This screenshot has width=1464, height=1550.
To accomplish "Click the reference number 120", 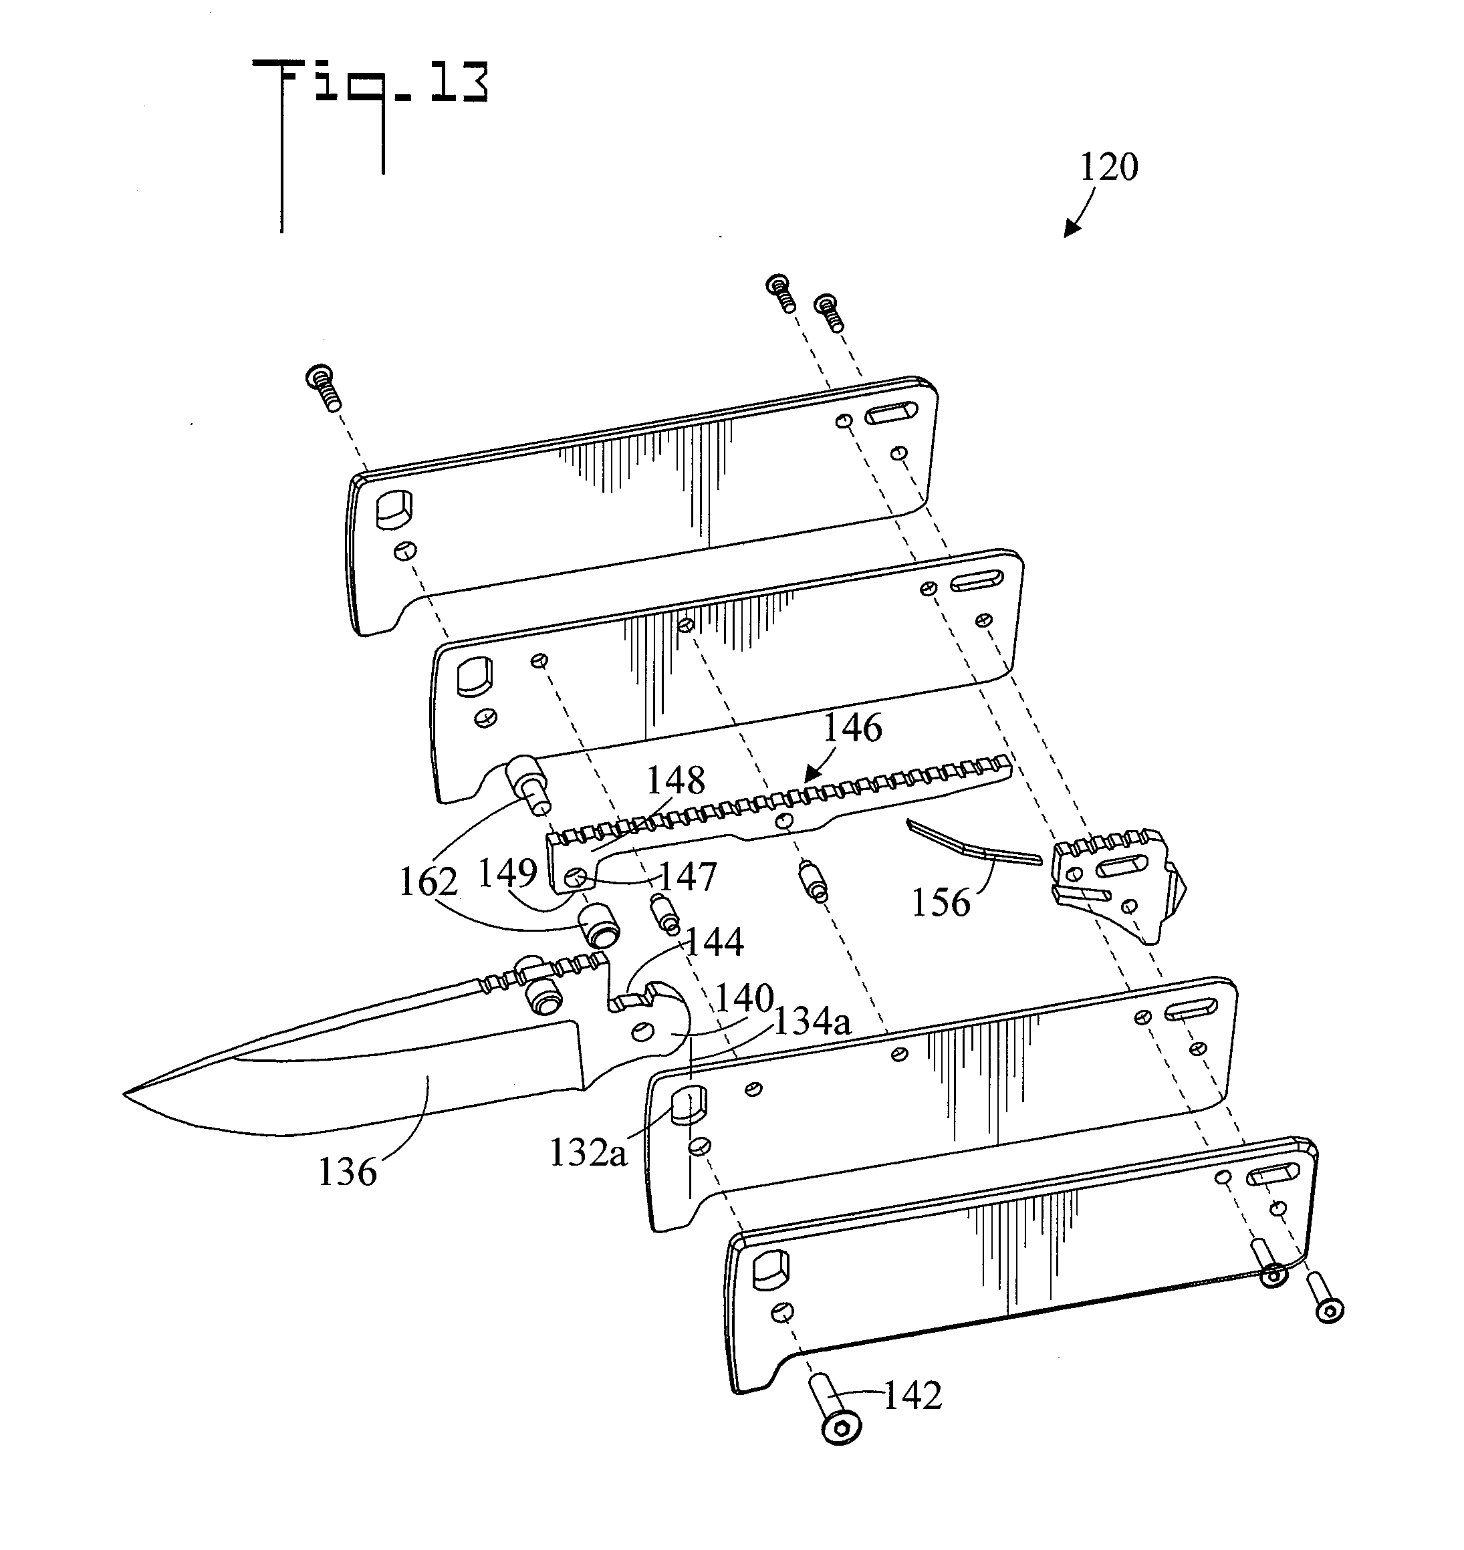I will tap(1108, 167).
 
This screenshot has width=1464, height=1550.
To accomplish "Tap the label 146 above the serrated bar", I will tap(852, 728).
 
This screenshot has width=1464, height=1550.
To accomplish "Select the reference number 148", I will tap(676, 779).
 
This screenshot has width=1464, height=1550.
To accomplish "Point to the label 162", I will tap(428, 882).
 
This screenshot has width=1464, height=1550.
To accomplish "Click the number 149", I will tap(507, 872).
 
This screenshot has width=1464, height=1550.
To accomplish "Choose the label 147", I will tap(687, 877).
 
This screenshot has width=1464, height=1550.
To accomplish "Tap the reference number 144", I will tap(714, 942).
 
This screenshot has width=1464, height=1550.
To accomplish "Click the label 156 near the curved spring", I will tap(941, 902).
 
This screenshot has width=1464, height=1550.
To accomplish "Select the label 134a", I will tap(812, 1021).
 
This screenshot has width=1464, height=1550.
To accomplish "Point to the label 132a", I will tap(588, 1153).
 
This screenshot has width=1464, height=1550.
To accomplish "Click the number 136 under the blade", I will tap(347, 1172).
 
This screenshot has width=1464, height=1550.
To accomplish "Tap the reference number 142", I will tap(912, 1396).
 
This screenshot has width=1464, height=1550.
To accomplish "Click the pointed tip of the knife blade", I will tap(127, 1094).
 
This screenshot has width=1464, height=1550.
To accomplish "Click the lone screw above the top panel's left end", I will tap(324, 387).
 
